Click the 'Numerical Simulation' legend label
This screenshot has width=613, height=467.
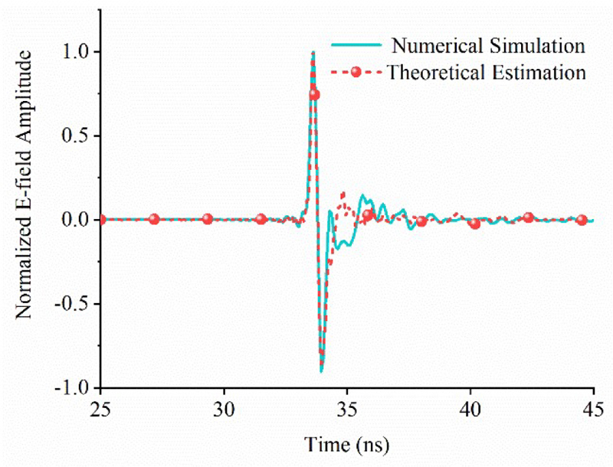pyautogui.click(x=487, y=45)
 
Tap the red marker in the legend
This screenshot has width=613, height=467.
pyautogui.click(x=356, y=72)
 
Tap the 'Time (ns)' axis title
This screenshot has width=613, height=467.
pyautogui.click(x=347, y=444)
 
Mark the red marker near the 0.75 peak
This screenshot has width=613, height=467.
pyautogui.click(x=314, y=94)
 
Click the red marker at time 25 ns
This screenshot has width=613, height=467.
pyautogui.click(x=100, y=220)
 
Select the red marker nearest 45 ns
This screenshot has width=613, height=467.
pyautogui.click(x=582, y=220)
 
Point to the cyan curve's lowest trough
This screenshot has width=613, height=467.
pyautogui.click(x=322, y=371)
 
